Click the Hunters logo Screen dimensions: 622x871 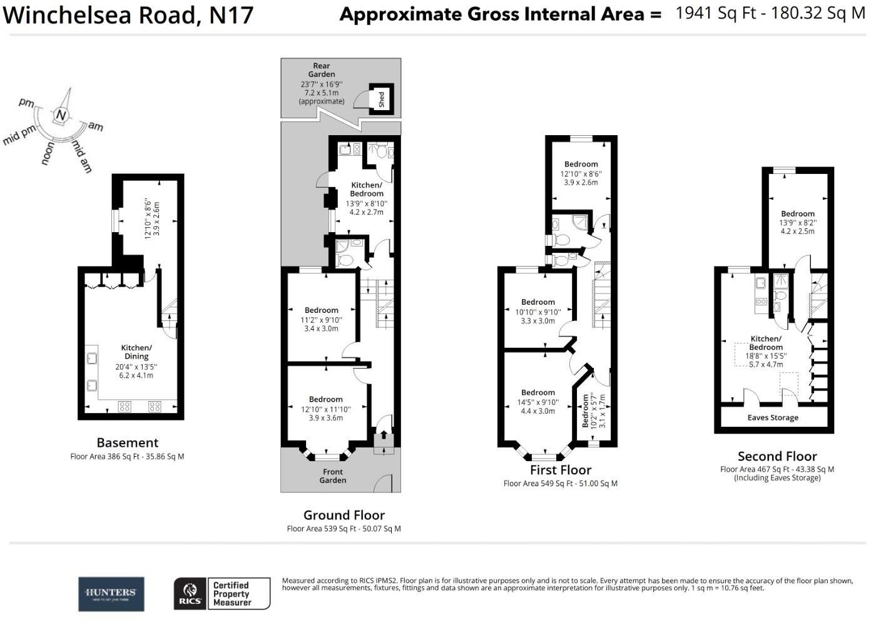point(111,594)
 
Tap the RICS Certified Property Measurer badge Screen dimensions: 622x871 point(222,594)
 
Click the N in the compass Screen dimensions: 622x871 point(61,115)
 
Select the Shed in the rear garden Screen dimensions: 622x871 point(381,99)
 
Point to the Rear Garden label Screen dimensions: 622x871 point(322,70)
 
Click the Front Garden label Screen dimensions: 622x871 point(333,476)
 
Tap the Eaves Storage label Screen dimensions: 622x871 point(773,418)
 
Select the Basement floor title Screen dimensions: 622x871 point(127,442)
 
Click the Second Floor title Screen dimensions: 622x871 point(777,456)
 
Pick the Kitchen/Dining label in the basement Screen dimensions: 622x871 point(136,352)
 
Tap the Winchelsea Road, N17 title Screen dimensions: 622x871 point(128,15)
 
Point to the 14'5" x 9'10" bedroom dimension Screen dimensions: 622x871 point(538,402)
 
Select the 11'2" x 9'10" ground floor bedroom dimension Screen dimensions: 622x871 point(321,320)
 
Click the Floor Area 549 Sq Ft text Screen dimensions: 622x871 point(560,484)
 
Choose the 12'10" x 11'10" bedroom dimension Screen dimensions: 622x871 point(326,409)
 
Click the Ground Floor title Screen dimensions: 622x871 point(344,515)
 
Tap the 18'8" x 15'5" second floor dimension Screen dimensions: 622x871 point(766,355)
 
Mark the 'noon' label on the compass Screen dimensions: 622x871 point(48,153)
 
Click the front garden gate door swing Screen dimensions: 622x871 point(384,483)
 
